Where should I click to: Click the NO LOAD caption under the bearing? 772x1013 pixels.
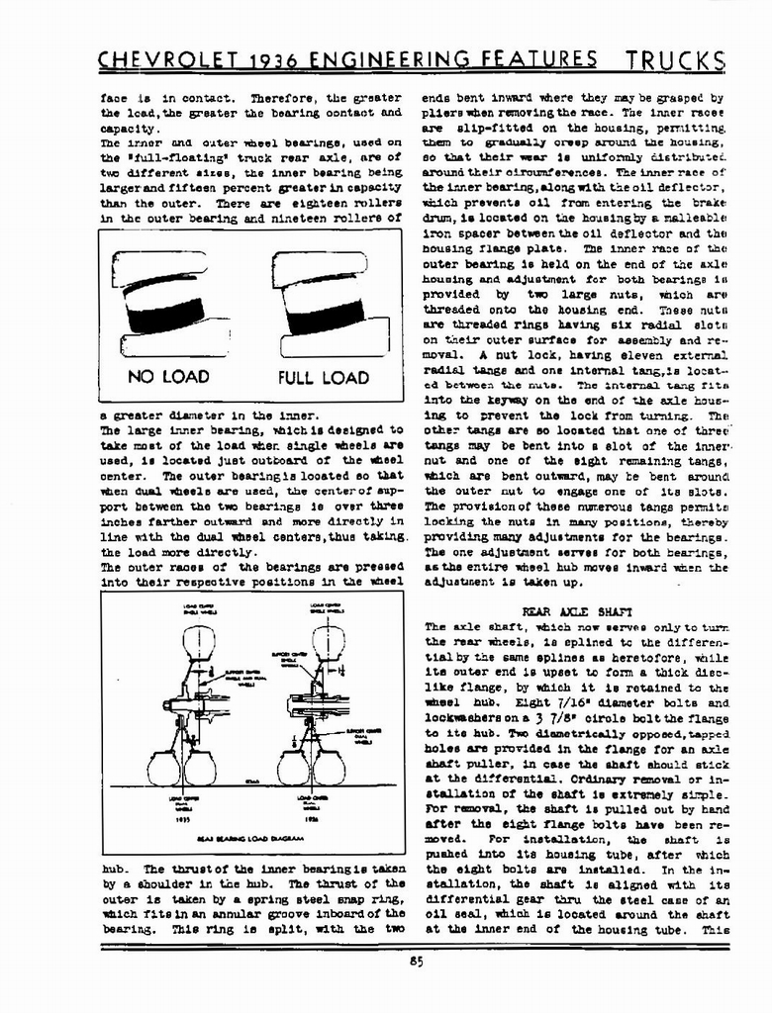coord(167,376)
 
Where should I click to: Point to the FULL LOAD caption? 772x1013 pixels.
coord(323,377)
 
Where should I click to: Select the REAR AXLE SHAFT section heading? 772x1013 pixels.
coord(569,612)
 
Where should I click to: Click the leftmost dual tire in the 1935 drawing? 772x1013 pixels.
coord(164,768)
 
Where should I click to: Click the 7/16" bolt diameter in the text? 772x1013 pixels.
coord(523,703)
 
